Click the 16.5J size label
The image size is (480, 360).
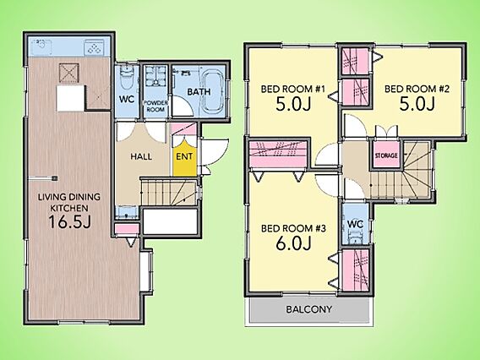coord(70,221)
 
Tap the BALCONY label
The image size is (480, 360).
coord(309,309)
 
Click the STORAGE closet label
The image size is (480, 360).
coord(386,155)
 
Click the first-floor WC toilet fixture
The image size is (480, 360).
coord(126,77)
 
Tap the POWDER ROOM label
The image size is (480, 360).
coord(155,106)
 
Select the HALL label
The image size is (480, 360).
coord(141,156)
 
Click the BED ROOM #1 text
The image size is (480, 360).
coord(292,89)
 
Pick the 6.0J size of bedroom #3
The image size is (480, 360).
coord(293,243)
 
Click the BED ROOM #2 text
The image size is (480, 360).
coord(417,89)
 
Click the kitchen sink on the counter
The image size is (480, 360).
coord(41,46)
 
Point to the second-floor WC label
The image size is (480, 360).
coord(356,224)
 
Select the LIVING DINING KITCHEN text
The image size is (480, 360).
coord(69,202)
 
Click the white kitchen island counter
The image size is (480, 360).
coord(71,98)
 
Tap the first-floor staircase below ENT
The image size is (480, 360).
coord(169,193)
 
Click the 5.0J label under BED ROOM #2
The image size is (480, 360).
coord(417,104)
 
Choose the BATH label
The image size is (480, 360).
coord(199,91)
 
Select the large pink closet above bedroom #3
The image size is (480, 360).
coord(278,155)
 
